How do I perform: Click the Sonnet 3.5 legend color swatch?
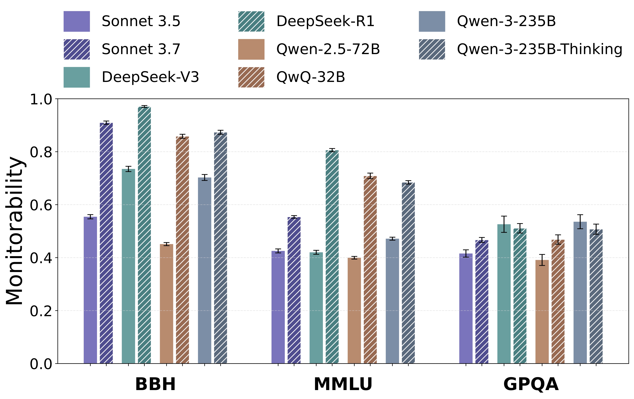coord(77,21)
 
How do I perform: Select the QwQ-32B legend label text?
coord(310,77)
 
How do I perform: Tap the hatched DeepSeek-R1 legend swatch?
coord(251,21)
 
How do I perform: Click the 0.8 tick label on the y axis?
coord(41,152)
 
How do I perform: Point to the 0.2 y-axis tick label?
coord(41,311)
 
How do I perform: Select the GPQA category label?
coord(531,384)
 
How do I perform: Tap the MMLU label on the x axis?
coord(343,384)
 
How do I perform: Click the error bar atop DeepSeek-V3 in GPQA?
coord(504,224)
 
